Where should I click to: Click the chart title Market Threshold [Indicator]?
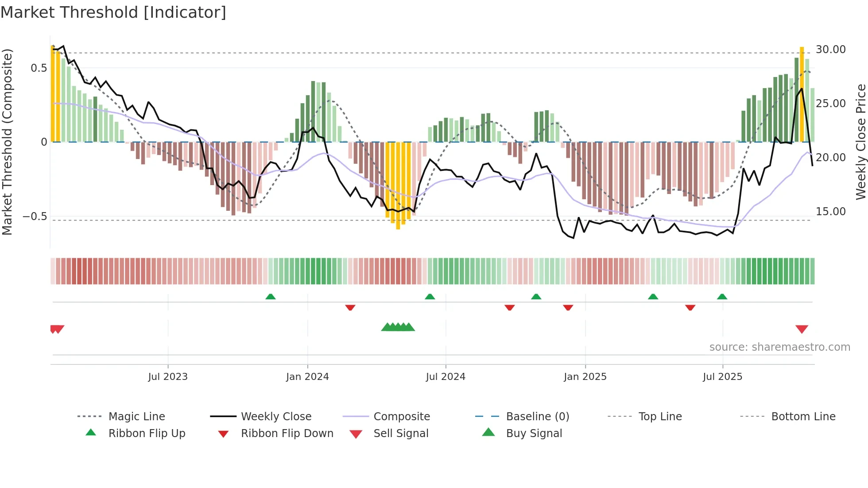coord(113,12)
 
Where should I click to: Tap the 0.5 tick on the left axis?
coord(39,68)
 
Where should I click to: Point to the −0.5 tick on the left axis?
coord(35,217)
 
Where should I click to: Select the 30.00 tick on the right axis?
coord(830,50)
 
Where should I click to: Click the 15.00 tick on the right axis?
coord(830,212)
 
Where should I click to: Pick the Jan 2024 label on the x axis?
coord(307,377)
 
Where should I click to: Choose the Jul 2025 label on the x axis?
coord(722,377)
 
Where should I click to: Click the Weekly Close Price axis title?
coord(860,142)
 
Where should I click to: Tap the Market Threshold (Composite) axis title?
coord(7,142)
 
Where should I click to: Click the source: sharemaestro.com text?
coord(779,347)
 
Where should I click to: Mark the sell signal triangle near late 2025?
coord(802,329)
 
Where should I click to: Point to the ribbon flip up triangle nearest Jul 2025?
coord(722,297)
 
